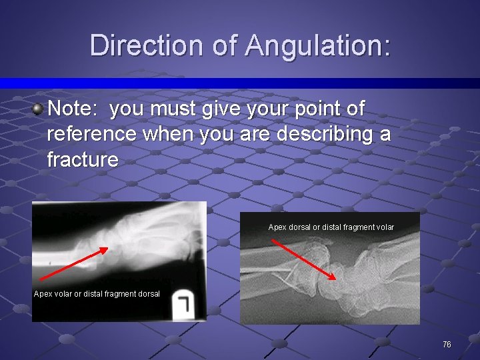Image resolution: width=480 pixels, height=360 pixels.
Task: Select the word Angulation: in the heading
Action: click(x=317, y=45)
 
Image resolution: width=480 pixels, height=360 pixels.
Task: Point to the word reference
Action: click(x=91, y=133)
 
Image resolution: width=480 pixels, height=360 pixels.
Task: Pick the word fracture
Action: click(x=83, y=159)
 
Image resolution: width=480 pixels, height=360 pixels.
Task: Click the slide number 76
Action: click(x=447, y=344)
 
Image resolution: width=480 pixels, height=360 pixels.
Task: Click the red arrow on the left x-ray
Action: click(x=73, y=263)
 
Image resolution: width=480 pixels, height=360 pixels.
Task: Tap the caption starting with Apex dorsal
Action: click(x=331, y=227)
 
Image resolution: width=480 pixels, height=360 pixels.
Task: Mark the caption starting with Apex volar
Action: click(x=97, y=294)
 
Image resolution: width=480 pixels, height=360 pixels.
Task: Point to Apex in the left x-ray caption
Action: click(x=43, y=294)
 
